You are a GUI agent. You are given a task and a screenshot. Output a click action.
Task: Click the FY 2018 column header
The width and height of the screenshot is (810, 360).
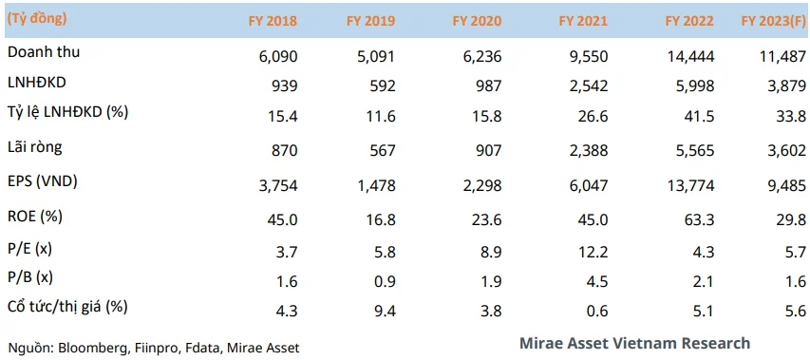[272, 21]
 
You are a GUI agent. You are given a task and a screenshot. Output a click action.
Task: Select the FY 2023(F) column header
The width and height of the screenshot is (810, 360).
[773, 21]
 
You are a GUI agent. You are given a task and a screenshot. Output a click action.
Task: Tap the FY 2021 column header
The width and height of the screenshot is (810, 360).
[583, 21]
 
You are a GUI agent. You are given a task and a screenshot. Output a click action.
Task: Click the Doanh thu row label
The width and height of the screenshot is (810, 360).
[44, 52]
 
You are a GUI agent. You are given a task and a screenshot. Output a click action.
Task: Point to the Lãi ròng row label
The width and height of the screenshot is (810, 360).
[35, 148]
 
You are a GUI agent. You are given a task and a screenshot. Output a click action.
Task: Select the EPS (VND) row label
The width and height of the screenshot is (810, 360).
[43, 182]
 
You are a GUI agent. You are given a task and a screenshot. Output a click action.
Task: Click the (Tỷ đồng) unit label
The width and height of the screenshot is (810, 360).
[37, 20]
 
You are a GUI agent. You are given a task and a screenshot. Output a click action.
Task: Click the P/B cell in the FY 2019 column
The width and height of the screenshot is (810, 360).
[385, 281]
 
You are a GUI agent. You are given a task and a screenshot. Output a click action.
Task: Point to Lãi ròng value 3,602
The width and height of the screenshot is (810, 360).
[786, 150]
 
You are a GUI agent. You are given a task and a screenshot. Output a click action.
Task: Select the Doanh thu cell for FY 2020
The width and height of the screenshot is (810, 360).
[482, 56]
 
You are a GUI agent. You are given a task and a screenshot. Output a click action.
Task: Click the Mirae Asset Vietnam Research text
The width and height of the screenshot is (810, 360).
[634, 343]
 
